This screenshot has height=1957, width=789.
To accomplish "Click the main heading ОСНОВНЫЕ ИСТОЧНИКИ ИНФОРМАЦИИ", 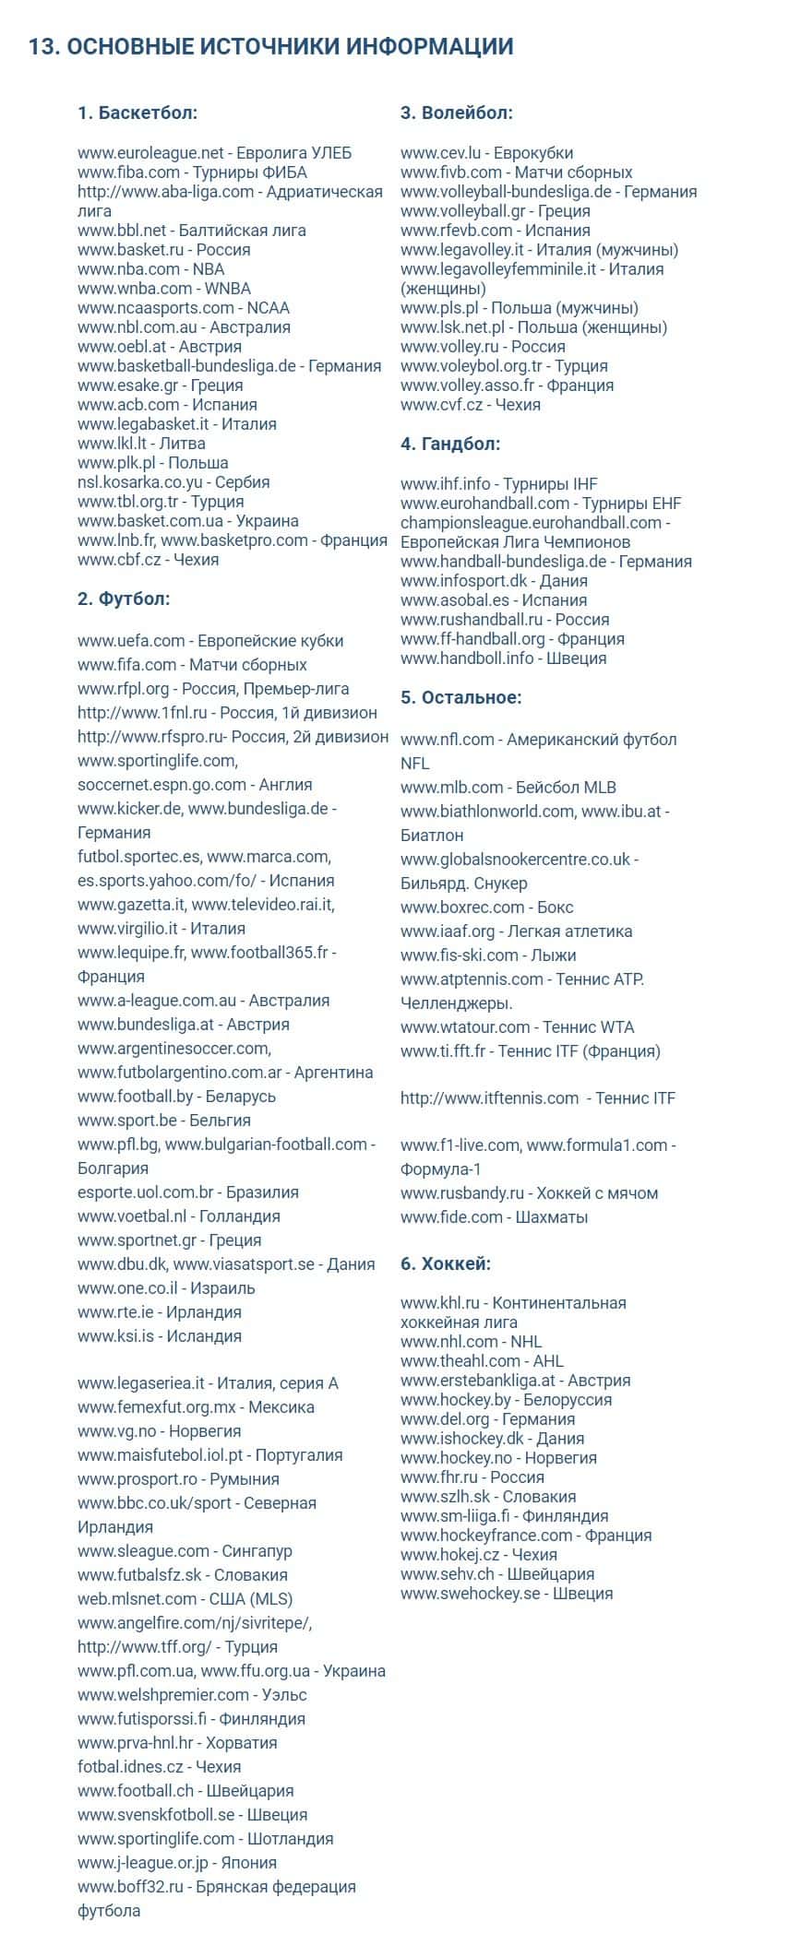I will pos(270,47).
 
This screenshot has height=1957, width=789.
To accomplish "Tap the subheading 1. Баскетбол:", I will pos(137,113).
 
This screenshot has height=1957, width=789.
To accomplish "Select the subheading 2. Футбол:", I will pos(124,599).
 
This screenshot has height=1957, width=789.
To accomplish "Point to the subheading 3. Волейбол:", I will pos(456,113).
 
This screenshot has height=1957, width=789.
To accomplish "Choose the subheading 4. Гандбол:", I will pos(450,445).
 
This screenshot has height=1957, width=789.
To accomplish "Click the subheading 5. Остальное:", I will pos(460,698).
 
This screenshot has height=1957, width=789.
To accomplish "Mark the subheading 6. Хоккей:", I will pos(446,1264).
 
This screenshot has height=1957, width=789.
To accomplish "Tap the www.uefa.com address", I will pos(132,641).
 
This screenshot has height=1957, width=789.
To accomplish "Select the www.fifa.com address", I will pos(126,665).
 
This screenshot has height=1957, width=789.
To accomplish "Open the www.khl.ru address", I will pos(440,1303).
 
